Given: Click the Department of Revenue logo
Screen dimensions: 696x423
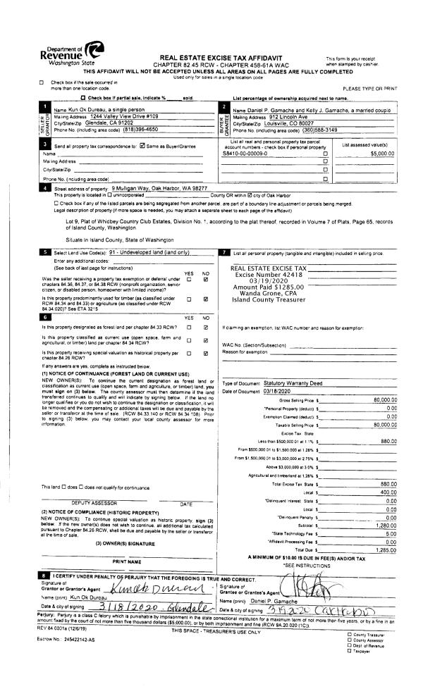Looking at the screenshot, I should click(x=70, y=54).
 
